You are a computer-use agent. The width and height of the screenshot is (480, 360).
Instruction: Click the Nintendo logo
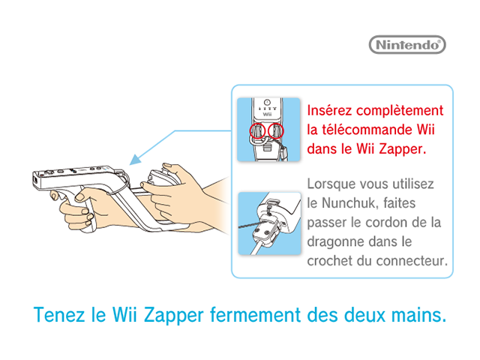point(407,45)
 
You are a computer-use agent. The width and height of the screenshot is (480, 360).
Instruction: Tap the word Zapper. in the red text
point(403,149)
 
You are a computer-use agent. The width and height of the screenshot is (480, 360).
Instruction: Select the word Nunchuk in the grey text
point(346,203)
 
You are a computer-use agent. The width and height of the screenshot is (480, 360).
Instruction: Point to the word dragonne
point(334,242)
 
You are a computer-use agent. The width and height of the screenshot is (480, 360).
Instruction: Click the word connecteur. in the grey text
point(412,261)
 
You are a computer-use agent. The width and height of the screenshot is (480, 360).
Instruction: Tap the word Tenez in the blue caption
point(59,315)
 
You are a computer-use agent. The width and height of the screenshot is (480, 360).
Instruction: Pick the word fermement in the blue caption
point(256,315)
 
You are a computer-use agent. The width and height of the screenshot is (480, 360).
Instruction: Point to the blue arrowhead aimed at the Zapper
point(135,160)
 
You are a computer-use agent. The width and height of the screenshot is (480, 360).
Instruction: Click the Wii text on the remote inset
point(267,114)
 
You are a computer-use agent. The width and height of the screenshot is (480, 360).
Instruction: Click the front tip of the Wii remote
point(33,181)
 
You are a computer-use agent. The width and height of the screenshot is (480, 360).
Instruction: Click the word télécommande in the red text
point(365,130)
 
